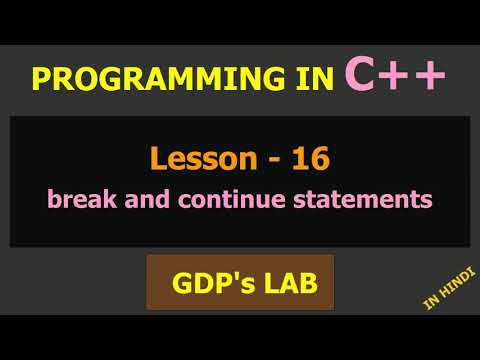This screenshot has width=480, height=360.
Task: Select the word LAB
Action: pyautogui.click(x=290, y=283)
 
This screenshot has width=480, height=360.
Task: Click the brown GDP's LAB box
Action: pyautogui.click(x=240, y=283)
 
